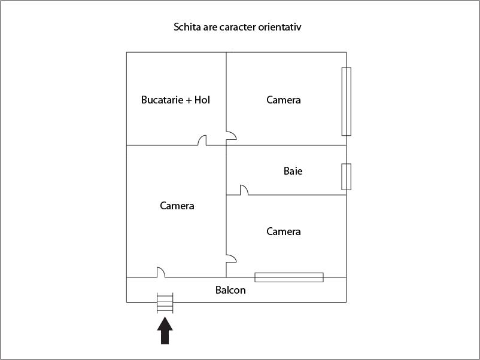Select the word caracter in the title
[238, 27]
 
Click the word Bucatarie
[163, 100]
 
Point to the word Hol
[202, 100]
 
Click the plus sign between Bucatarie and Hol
[189, 100]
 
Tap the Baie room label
[293, 171]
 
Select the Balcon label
[230, 290]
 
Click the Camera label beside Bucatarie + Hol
[284, 100]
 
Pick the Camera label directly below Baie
[284, 231]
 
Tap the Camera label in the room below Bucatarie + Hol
[177, 206]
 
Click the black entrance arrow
[165, 331]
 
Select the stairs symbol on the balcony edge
[165, 303]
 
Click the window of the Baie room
[346, 177]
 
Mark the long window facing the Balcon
[289, 277]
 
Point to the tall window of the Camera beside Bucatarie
[346, 101]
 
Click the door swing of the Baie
[244, 190]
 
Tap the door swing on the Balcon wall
[161, 273]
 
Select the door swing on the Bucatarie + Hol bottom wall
[202, 141]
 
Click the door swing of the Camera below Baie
[231, 258]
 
